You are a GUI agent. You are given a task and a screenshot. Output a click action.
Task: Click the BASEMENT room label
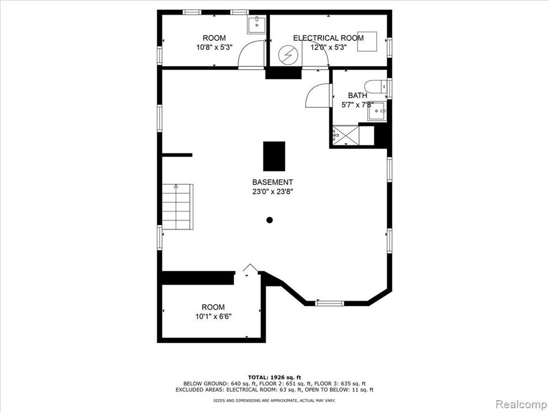coord(272,182)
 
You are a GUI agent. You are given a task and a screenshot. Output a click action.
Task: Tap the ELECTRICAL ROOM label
coord(328,38)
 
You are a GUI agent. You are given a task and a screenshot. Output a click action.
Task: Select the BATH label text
coord(358,95)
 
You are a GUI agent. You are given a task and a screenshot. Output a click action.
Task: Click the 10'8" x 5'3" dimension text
coord(214,47)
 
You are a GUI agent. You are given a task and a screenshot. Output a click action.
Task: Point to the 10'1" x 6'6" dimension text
coord(213,317)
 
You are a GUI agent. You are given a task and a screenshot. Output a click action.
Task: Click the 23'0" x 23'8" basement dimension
coord(272,192)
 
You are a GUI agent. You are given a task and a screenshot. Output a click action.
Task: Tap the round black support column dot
coord(270,220)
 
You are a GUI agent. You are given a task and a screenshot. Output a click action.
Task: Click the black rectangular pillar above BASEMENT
coord(274,156)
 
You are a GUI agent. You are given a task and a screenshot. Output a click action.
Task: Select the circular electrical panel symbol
coord(287,55)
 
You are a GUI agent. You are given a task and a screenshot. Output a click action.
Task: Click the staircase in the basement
coord(177,207)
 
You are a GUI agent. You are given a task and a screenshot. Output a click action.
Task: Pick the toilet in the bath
coord(375,86)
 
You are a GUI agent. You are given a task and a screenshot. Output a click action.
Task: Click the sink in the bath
coord(377,111)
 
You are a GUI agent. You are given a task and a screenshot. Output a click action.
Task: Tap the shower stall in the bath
coord(346,135)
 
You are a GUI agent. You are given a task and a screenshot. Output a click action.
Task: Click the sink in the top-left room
coord(257,25)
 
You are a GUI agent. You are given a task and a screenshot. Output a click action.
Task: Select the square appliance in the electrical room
coord(367,42)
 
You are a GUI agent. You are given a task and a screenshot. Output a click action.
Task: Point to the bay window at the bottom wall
coord(330,304)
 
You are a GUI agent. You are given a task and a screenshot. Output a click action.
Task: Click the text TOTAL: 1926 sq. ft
coord(274,377)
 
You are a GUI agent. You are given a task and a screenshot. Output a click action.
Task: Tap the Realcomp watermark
coord(521,404)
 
